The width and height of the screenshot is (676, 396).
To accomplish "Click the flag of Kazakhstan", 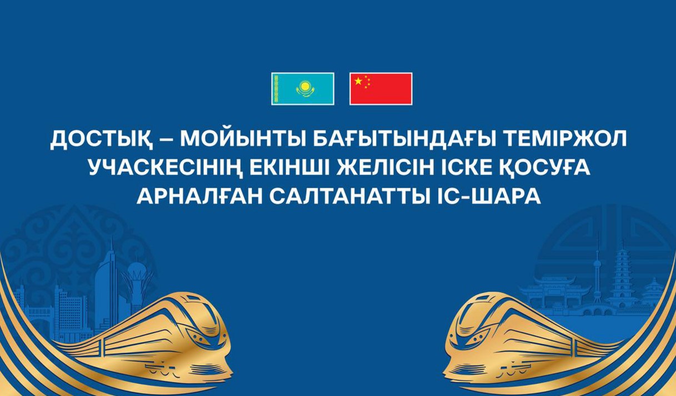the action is click(303, 89).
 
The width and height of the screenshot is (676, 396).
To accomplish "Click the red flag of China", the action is click(381, 89).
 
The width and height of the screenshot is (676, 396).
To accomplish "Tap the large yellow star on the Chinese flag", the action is click(358, 81).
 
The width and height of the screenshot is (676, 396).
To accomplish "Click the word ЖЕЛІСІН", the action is click(382, 168).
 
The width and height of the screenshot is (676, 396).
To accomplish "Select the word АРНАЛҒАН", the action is click(200, 196).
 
